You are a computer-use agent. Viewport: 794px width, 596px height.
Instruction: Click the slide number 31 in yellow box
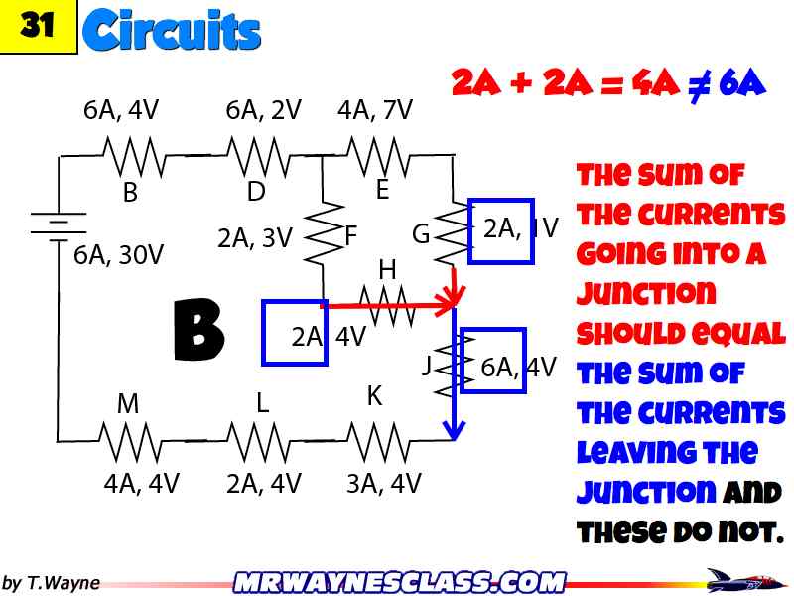pos(38,27)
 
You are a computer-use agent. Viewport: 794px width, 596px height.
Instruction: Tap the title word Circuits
pos(172,31)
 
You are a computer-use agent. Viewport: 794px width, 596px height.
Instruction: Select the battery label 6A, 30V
pos(118,255)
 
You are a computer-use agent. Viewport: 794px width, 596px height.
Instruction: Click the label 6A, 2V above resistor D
pos(263,110)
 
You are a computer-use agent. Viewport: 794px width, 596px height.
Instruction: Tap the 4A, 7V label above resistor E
pos(375,110)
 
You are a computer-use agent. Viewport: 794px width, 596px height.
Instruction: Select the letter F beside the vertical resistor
pos(350,236)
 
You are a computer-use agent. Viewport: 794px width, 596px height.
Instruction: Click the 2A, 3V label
pos(255,238)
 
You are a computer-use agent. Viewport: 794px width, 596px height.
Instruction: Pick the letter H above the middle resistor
pos(387,269)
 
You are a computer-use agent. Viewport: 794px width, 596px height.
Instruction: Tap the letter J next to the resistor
pos(427,365)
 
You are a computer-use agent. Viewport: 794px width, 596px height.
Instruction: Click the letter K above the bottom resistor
pos(374,396)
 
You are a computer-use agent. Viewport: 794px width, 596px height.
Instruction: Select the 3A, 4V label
pos(383,484)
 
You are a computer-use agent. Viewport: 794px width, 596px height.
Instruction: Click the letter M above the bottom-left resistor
pos(128,404)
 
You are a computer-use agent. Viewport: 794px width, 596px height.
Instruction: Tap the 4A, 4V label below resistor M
pos(141,484)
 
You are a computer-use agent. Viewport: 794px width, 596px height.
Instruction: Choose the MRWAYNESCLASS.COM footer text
pos(398,581)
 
